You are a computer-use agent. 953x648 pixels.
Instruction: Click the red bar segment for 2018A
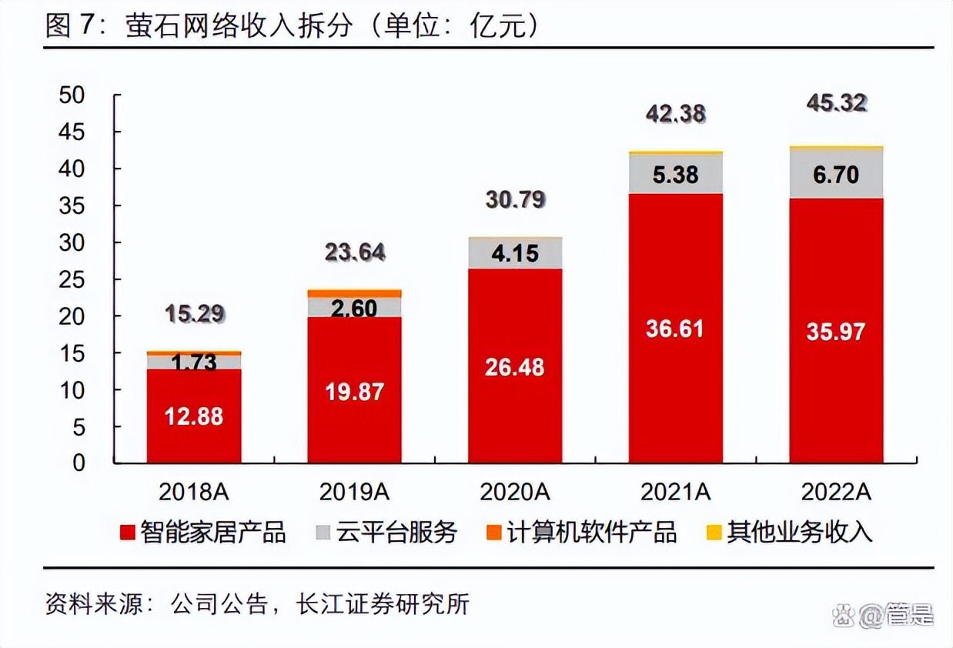194,416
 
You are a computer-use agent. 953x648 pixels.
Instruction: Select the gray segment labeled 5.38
675,175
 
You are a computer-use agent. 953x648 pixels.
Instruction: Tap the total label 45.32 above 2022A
835,102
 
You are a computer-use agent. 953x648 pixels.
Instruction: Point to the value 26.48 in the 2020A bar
514,367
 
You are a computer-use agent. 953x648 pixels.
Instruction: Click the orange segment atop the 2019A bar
354,293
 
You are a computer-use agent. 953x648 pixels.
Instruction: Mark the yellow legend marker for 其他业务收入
714,532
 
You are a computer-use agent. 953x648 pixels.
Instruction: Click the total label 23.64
354,252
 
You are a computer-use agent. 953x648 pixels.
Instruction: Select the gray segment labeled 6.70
835,175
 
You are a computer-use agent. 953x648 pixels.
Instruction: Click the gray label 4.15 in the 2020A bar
514,253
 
